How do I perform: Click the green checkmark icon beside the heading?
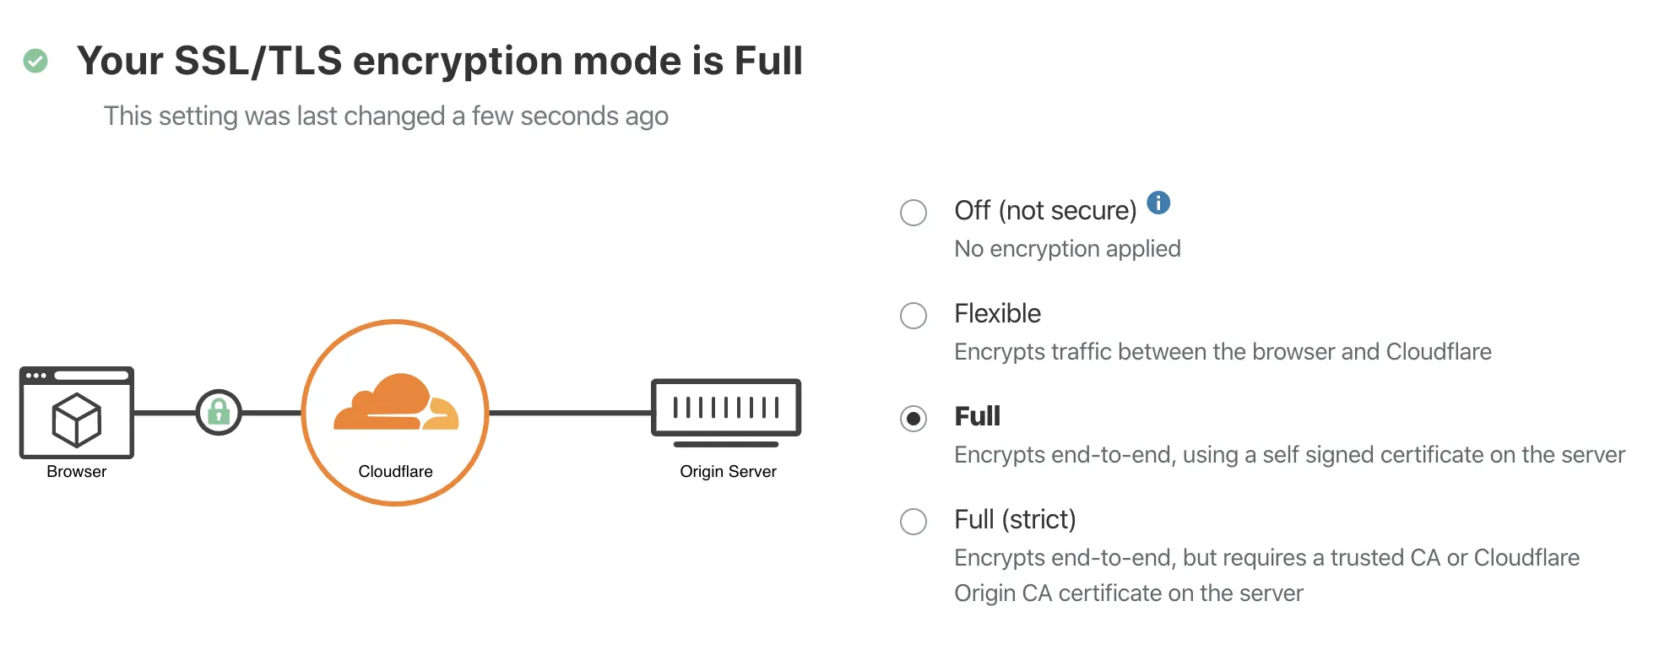tap(35, 61)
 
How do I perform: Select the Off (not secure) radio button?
tap(914, 212)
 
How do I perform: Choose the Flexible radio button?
tap(914, 316)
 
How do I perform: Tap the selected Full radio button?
tap(914, 419)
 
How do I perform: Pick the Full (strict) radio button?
tap(914, 522)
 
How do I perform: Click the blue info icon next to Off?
tap(1158, 203)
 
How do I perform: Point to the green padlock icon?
tap(219, 412)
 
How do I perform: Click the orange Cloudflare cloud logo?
tap(396, 403)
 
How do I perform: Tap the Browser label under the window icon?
tap(77, 472)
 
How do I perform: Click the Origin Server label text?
tap(728, 472)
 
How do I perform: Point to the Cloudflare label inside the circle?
tap(395, 472)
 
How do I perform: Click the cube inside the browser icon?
tap(77, 420)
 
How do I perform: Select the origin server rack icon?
tap(726, 409)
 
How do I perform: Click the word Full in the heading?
tap(768, 61)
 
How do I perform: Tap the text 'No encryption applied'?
tap(1067, 249)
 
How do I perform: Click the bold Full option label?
tap(977, 416)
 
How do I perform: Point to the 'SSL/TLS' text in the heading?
tap(258, 61)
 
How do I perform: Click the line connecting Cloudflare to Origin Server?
tap(570, 413)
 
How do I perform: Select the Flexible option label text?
tap(997, 313)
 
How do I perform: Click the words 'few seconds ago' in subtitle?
tap(570, 116)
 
